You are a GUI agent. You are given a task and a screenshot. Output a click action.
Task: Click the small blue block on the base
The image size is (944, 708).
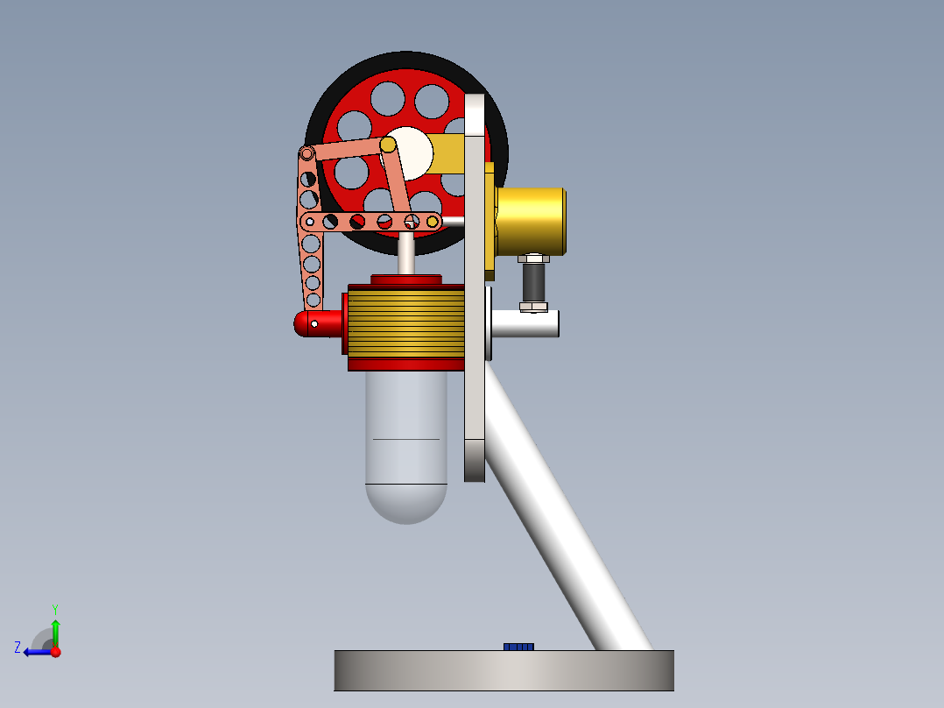coord(518,647)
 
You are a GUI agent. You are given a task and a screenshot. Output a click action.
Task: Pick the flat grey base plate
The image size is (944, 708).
coord(504,670)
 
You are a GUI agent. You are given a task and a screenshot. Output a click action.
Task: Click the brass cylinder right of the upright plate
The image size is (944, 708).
coord(531,221)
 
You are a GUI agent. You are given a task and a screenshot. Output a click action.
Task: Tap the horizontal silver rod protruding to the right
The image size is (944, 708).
coord(525,324)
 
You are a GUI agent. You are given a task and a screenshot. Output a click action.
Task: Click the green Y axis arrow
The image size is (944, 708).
coord(55,629)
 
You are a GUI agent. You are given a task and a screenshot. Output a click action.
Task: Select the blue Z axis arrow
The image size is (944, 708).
coord(35,652)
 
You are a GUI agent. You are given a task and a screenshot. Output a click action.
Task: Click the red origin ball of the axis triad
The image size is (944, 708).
coord(55,652)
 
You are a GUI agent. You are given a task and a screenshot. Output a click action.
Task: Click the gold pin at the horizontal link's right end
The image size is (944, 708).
coord(433,222)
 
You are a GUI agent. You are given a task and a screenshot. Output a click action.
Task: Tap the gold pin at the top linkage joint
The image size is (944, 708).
coord(387,144)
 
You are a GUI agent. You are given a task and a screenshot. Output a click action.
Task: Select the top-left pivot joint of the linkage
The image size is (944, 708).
coord(307,154)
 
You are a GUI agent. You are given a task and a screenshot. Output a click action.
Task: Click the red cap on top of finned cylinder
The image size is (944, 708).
coord(406,279)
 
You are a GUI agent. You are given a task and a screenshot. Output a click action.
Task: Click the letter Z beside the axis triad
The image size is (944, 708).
coord(18,647)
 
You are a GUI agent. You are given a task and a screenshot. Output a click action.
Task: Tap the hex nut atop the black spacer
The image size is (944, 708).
coord(533,258)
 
